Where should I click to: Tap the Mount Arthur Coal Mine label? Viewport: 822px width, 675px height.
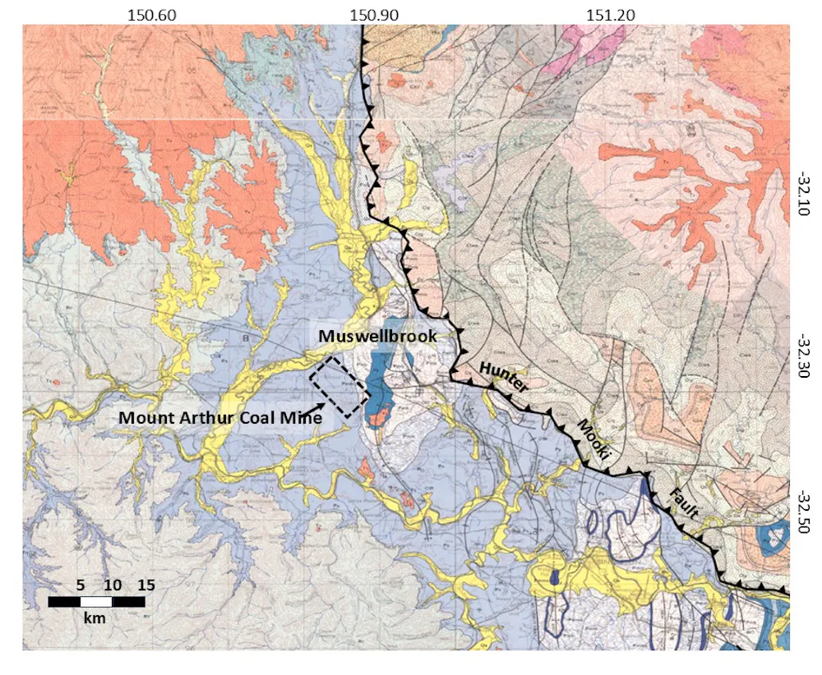pyautogui.click(x=219, y=416)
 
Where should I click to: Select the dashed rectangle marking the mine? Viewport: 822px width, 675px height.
pyautogui.click(x=338, y=388)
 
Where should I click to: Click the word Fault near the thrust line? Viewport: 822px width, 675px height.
pyautogui.click(x=683, y=503)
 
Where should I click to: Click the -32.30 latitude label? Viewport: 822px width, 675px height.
pyautogui.click(x=803, y=356)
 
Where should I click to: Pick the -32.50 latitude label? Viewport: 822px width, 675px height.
pyautogui.click(x=803, y=512)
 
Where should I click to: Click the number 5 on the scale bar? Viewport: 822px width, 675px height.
pyautogui.click(x=81, y=585)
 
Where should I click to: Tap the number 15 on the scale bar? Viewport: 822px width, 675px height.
pyautogui.click(x=145, y=585)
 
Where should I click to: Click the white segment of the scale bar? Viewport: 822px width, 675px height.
pyautogui.click(x=96, y=602)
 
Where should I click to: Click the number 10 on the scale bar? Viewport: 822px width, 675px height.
pyautogui.click(x=113, y=585)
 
